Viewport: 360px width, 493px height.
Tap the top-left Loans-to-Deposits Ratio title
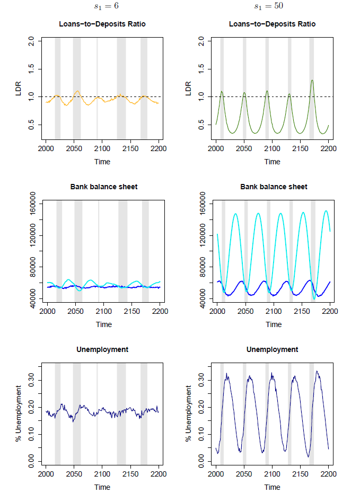click(102, 24)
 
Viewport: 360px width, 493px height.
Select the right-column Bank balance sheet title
click(273, 187)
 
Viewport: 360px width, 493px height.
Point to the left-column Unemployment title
click(102, 349)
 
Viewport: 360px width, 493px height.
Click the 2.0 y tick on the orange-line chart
click(31, 41)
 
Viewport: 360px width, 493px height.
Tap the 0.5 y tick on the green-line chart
click(201, 124)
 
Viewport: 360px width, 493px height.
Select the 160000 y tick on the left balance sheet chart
click(31, 204)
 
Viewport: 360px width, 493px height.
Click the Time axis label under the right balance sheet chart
click(273, 324)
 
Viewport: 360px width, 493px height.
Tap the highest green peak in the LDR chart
click(312, 81)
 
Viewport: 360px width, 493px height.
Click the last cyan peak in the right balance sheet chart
click(326, 211)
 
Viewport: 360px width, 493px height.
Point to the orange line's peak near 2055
click(77, 91)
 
